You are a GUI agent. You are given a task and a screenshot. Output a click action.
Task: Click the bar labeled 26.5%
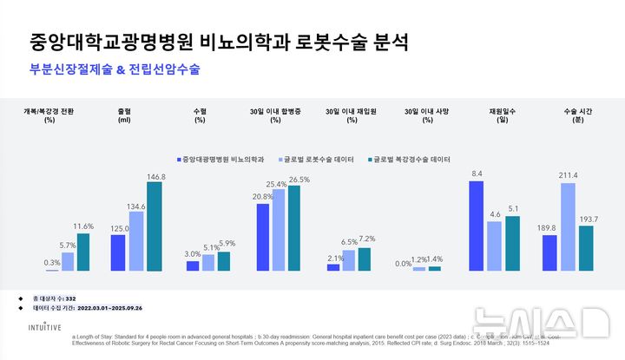tap(298, 228)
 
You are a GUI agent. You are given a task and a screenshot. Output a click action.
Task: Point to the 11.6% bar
tap(83, 252)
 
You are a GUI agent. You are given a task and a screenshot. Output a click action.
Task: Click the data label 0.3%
tap(52, 263)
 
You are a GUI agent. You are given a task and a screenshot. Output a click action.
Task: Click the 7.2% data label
tap(366, 239)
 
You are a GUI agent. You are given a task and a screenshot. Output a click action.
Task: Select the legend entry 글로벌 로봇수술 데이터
tap(319, 160)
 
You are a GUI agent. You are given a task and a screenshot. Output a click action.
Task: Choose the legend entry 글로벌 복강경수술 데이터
tap(412, 160)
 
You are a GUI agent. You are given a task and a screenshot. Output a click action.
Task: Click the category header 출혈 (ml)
tap(123, 115)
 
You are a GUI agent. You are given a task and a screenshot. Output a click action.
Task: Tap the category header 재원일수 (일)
tap(497, 115)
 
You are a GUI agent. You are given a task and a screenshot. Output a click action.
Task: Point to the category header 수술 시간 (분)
tap(571, 115)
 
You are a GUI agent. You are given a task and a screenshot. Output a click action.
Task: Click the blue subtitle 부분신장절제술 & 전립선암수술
tap(115, 69)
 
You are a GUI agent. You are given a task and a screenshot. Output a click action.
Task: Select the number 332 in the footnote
tap(82, 298)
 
